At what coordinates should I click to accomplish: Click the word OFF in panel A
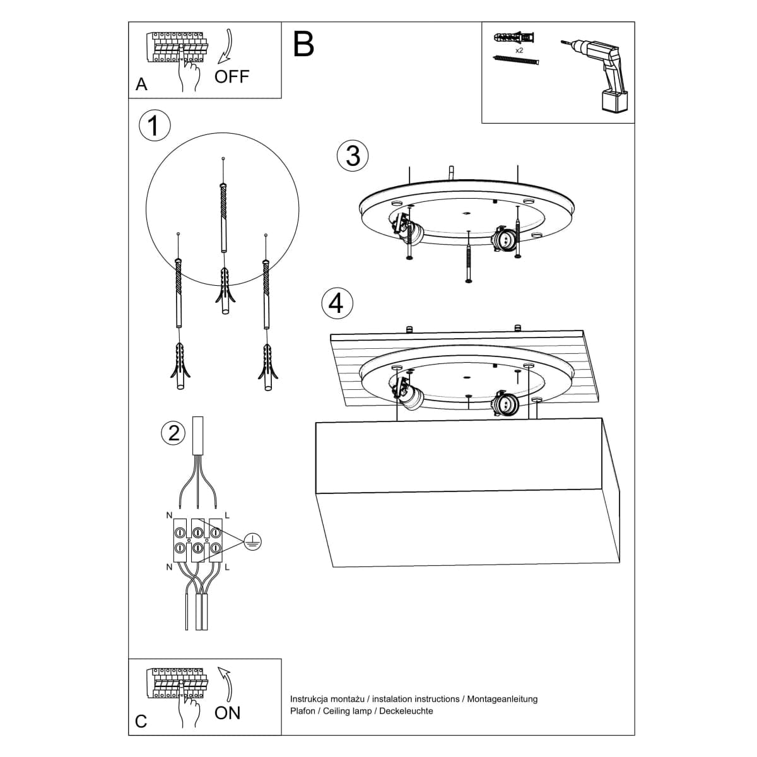[232, 77]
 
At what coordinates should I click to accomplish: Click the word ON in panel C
[227, 713]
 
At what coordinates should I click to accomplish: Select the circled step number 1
[154, 126]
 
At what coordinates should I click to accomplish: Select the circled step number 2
[173, 433]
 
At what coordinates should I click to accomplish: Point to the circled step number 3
[353, 156]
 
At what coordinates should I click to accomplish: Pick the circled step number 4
[337, 303]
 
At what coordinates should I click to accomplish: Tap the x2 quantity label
[519, 49]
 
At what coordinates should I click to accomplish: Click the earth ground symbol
[252, 541]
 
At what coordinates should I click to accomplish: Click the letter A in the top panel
[141, 85]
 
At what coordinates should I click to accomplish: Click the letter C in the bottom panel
[141, 721]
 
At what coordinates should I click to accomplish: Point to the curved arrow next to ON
[225, 683]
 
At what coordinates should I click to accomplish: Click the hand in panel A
[189, 73]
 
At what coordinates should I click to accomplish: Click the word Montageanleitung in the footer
[503, 699]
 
